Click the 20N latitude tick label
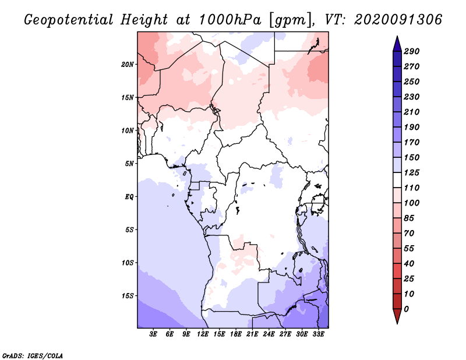point(127,64)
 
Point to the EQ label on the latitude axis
point(129,196)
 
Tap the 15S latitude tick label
point(127,295)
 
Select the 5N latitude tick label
point(129,164)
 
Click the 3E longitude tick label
point(153,334)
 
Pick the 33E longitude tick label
point(318,334)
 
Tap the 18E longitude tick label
point(235,334)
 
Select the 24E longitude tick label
point(269,334)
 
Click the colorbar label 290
point(411,51)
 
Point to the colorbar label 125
point(411,172)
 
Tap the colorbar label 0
point(406,309)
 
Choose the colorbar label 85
point(409,218)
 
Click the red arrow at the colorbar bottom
point(397,316)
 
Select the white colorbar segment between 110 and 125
point(397,180)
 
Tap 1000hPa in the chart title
point(230,20)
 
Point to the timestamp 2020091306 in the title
point(398,20)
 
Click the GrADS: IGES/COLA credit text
point(33,356)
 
